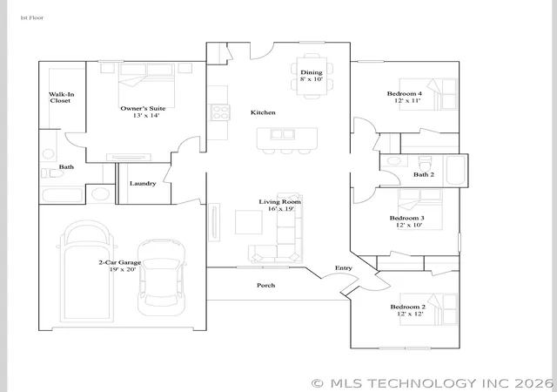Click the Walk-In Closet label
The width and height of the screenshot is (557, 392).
62,98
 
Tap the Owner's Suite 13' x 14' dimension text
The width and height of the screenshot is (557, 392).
146,116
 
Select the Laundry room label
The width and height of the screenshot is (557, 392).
143,184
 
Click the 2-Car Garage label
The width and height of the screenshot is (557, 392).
120,262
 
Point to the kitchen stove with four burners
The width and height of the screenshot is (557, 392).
220,112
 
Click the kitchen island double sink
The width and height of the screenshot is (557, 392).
282,134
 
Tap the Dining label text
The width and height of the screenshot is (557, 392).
312,72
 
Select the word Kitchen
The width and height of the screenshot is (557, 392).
263,112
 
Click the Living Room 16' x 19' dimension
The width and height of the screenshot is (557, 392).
281,209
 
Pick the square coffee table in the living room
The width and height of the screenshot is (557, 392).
249,222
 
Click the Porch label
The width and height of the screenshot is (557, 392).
265,285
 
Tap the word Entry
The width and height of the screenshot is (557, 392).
344,267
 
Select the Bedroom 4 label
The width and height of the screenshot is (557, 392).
404,93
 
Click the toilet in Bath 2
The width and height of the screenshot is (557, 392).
425,163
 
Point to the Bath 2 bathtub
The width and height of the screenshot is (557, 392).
456,171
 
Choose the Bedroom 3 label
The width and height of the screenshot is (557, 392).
406,218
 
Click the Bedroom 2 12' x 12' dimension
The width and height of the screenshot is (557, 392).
410,314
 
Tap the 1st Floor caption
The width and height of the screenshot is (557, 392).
32,17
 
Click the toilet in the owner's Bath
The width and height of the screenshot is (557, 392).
52,173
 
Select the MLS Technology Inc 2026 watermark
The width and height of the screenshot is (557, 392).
433,383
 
